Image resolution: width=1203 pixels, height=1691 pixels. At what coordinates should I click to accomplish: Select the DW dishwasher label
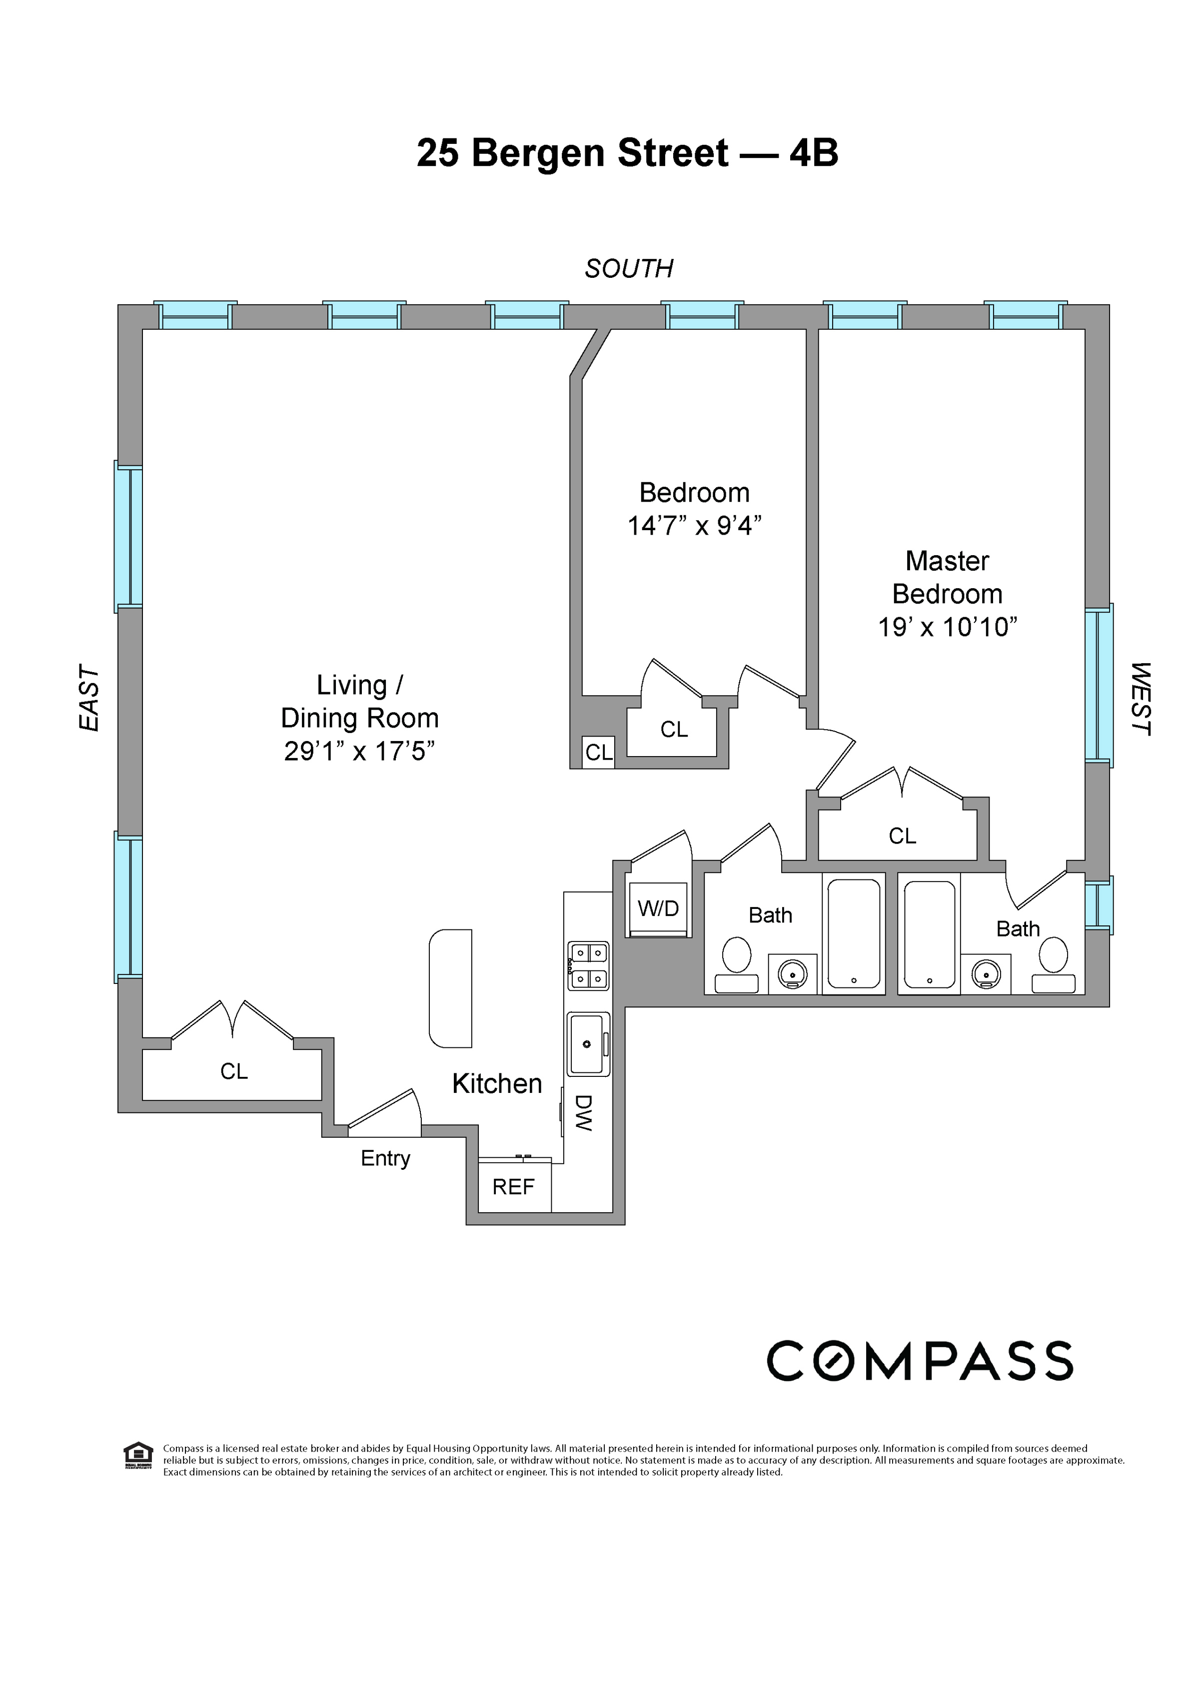click(584, 1112)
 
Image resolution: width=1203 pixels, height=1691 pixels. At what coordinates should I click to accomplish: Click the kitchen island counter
click(450, 988)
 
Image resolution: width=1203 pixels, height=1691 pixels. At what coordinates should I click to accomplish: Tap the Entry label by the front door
click(385, 1158)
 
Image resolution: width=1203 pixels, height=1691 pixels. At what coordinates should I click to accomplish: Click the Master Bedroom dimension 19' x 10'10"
click(948, 627)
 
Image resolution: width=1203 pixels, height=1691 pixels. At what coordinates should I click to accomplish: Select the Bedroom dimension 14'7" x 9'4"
click(694, 526)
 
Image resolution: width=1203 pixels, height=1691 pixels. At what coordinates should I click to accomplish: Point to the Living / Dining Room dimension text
click(359, 751)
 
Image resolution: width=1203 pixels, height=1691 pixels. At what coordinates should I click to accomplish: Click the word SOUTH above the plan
click(629, 268)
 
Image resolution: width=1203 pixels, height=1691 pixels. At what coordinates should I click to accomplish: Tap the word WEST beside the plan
click(1141, 699)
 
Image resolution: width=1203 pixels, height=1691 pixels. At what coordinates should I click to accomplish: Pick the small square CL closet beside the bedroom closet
click(599, 753)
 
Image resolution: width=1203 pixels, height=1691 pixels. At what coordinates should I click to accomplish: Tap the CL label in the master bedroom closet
click(902, 836)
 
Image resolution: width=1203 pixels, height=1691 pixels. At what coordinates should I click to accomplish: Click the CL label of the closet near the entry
click(234, 1071)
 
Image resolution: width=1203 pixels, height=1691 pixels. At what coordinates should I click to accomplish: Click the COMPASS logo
click(919, 1361)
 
